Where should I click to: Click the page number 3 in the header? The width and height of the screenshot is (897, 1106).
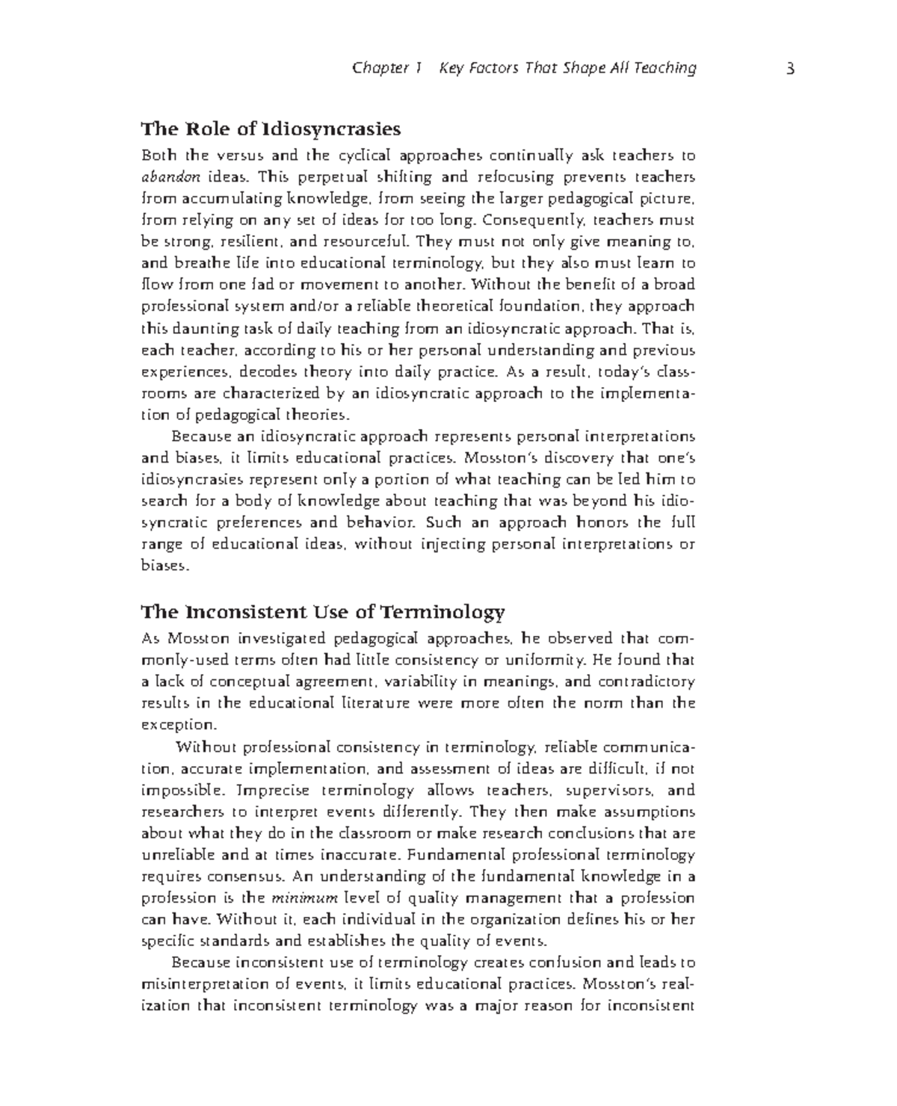click(789, 69)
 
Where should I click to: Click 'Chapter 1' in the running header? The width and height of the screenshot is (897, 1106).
click(386, 69)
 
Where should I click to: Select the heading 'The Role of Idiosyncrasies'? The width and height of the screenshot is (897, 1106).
click(271, 129)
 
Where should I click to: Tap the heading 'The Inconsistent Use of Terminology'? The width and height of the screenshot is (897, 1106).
click(323, 613)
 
